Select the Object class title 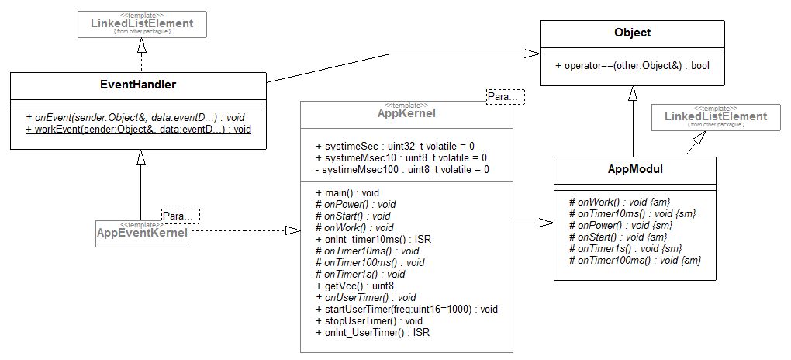pos(632,33)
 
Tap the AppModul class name pos(632,169)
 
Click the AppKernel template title pos(406,113)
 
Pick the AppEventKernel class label pos(140,232)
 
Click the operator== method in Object pos(632,66)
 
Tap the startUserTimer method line pos(406,309)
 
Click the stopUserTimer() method pos(368,320)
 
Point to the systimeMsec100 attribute pos(402,169)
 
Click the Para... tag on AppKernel pos(504,96)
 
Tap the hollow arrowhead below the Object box pos(632,94)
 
